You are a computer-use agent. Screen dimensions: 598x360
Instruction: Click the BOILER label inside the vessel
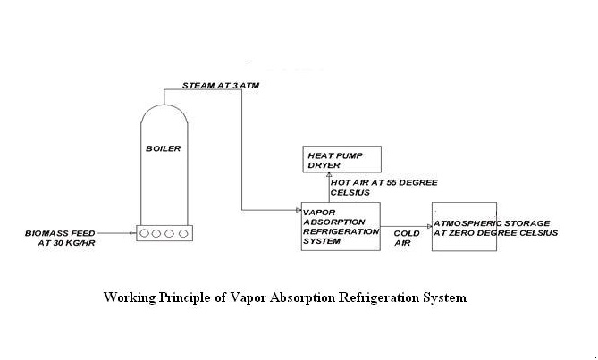point(164,148)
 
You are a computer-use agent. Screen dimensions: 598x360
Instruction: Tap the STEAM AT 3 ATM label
point(221,86)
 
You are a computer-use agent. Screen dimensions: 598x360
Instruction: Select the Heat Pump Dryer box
point(341,159)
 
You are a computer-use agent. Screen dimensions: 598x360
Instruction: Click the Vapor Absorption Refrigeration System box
point(341,226)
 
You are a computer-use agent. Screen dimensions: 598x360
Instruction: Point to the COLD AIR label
point(407,239)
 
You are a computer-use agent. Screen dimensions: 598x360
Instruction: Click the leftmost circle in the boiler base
point(144,233)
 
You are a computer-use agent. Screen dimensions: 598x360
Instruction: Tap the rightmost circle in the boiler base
point(183,233)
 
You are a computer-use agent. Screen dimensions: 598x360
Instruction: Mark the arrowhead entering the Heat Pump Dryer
point(329,175)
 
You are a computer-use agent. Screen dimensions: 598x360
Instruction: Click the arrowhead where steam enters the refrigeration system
point(299,210)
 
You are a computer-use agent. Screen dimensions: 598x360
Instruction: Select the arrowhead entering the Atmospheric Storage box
point(429,227)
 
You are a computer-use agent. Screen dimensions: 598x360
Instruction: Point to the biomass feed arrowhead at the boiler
point(134,233)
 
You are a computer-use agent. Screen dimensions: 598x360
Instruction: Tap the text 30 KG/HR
point(66,243)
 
